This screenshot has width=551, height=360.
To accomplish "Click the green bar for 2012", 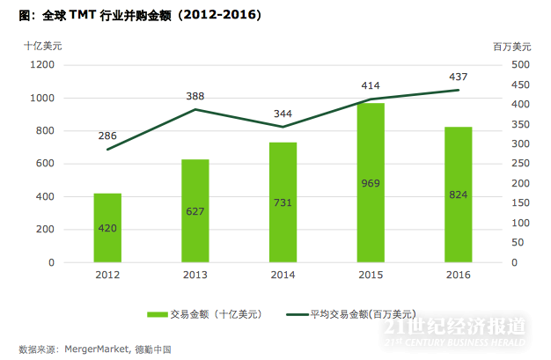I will coord(107,228).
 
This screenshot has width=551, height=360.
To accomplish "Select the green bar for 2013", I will coord(195,211).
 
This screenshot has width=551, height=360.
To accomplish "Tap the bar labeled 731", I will coord(283,202).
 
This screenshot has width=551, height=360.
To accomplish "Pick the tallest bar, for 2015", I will coord(371,183).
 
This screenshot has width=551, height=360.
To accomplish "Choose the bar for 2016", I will coord(458,195).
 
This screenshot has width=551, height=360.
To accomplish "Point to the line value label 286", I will coord(107,136).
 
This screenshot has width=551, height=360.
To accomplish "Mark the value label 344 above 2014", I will coord(283,114).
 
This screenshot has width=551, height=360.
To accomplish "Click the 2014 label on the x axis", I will coord(283,275).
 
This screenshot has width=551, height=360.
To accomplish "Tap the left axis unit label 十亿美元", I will coord(42,45).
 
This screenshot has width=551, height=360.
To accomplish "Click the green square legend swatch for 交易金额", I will coord(158,313).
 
